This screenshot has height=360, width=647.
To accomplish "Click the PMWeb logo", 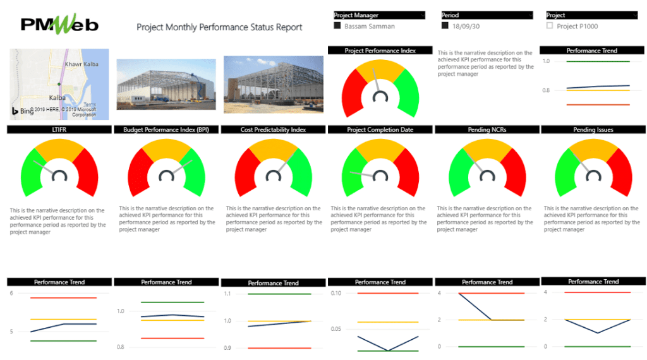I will (x=60, y=24).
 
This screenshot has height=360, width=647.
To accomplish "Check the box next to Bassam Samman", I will (x=337, y=26).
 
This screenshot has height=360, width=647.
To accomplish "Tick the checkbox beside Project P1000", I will (x=550, y=26).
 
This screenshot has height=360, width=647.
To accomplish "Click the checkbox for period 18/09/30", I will (x=445, y=26).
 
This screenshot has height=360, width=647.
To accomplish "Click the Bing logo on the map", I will (x=23, y=111).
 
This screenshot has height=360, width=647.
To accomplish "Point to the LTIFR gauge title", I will (x=59, y=129).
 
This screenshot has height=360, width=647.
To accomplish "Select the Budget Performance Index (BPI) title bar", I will (x=166, y=129).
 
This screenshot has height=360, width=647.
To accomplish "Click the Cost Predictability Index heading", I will (x=273, y=129).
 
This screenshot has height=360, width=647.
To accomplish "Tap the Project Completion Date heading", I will (x=380, y=129).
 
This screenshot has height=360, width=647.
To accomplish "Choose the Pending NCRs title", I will (x=487, y=129).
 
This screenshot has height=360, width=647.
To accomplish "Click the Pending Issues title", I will (x=593, y=129).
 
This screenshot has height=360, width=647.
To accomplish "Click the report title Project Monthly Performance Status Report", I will (x=219, y=27).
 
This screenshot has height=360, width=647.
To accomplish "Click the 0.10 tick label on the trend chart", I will (x=335, y=293).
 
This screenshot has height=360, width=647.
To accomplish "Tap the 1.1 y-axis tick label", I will (x=227, y=294).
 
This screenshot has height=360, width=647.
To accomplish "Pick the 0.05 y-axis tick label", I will (x=335, y=328).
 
